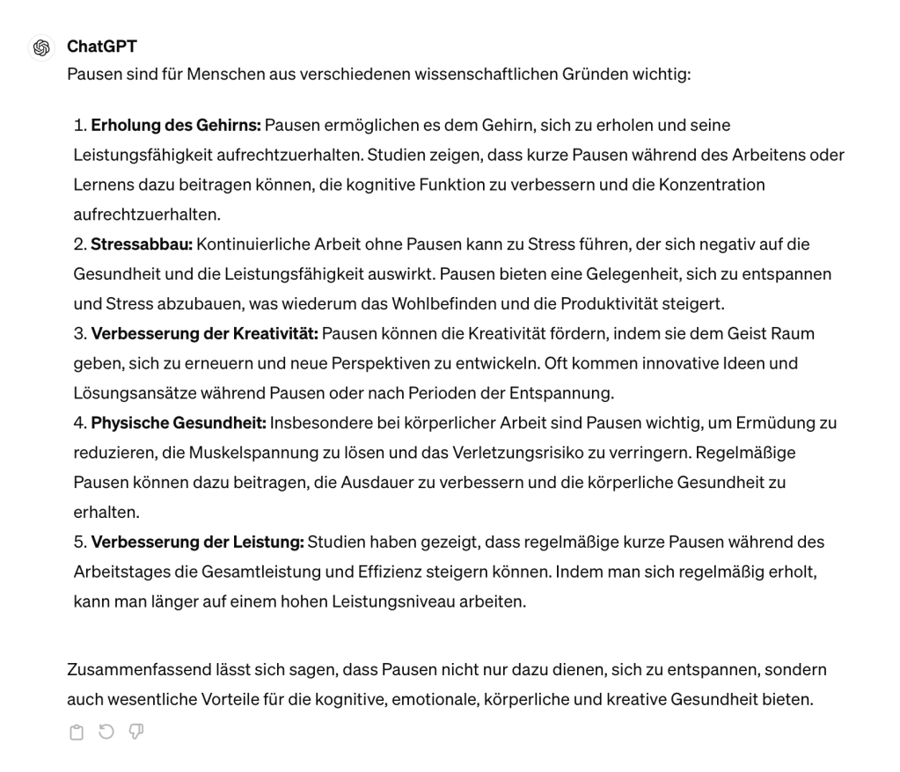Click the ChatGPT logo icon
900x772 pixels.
40,47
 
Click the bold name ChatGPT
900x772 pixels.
101,47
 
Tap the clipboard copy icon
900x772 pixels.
77,732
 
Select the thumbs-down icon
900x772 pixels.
135,732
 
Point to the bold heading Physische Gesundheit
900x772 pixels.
179,423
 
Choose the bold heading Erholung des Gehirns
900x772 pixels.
176,125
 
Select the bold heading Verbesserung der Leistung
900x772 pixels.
198,543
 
